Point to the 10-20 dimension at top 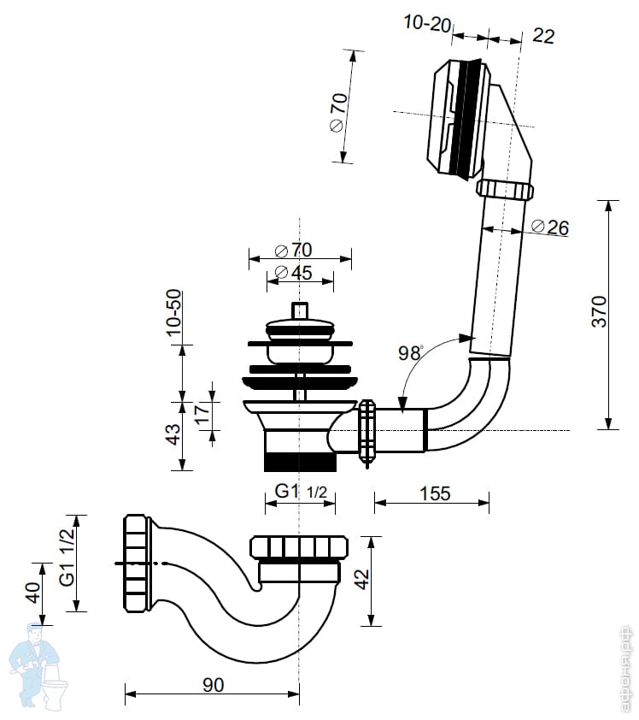coord(426,24)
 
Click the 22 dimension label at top coord(542,35)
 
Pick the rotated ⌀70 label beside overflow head coord(338,112)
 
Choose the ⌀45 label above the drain coord(293,274)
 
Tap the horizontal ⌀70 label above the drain coord(293,251)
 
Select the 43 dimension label coord(173,434)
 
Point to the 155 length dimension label coord(435,493)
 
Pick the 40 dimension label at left coord(32,592)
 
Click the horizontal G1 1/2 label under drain coord(300,493)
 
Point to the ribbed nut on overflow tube coord(504,188)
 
